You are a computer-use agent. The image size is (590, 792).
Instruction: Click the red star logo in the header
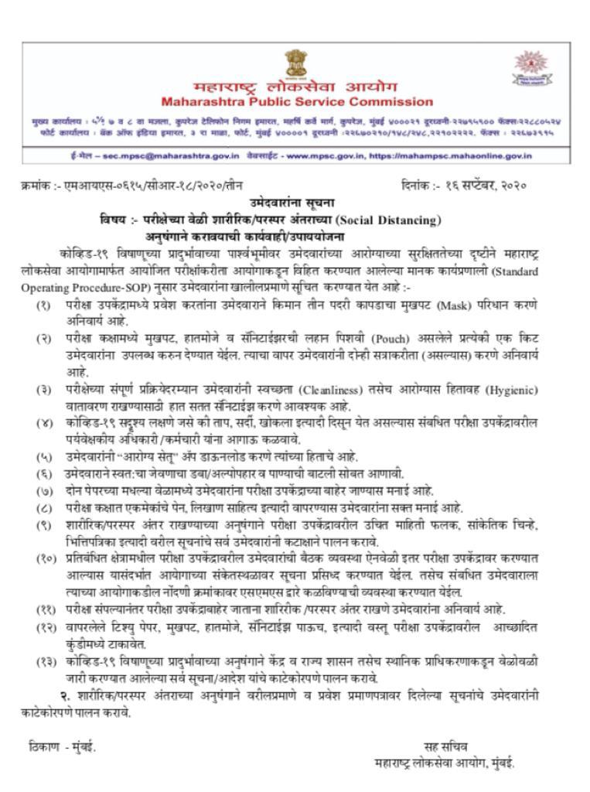point(531,66)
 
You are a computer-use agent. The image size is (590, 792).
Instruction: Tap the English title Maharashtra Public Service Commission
point(297,101)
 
